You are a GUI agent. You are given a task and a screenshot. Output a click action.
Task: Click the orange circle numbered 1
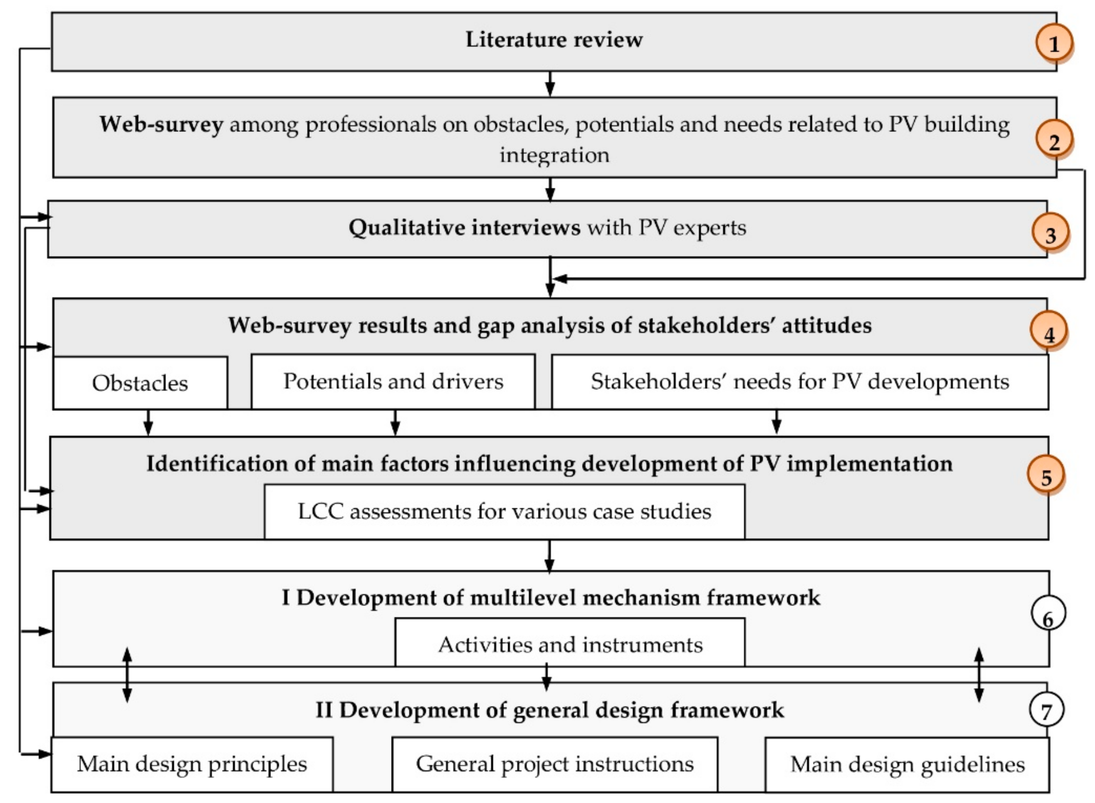[1053, 44]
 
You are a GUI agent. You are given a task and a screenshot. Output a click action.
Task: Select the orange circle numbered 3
[1050, 234]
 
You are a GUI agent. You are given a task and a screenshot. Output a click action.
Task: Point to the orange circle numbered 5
[1045, 476]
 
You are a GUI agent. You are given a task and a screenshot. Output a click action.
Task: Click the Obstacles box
[140, 383]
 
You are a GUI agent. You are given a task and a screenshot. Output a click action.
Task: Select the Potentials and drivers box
[393, 382]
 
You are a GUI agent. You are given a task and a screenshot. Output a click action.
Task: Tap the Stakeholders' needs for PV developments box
[799, 382]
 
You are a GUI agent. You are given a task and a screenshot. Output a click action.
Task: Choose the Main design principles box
[192, 764]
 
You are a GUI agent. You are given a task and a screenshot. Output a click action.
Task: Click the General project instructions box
[554, 764]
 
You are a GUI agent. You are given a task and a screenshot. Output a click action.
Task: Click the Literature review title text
[554, 40]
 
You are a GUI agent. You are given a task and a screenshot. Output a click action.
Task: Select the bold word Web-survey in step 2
[161, 125]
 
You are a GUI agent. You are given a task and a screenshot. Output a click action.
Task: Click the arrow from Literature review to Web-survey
[550, 84]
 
